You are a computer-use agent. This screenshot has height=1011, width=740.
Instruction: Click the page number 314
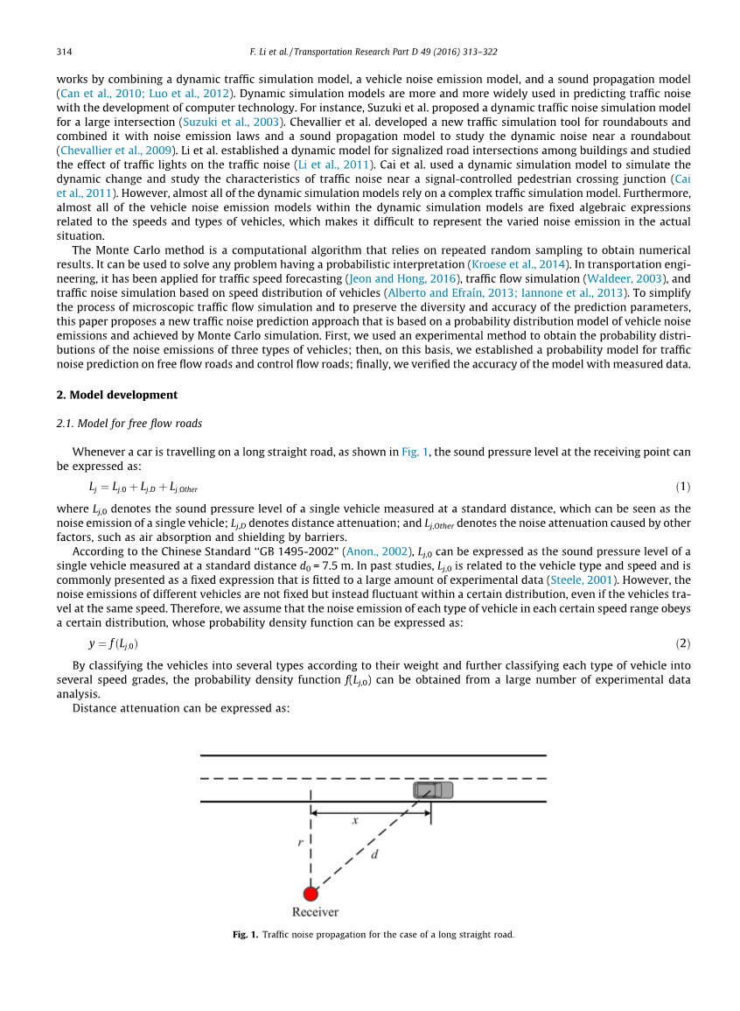tap(63, 53)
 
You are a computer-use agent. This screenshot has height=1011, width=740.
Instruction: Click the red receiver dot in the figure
tap(311, 893)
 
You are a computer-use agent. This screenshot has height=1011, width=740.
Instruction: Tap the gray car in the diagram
tap(433, 790)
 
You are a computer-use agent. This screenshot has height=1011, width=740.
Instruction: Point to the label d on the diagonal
tap(374, 854)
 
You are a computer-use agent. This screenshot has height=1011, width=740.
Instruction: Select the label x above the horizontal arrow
tap(355, 821)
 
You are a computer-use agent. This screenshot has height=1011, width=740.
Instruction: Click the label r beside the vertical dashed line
tap(300, 843)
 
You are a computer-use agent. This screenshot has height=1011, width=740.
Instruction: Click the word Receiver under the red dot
tap(315, 912)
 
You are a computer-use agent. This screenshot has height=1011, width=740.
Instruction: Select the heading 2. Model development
tap(116, 395)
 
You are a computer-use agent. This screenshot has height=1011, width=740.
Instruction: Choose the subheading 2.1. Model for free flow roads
tap(129, 424)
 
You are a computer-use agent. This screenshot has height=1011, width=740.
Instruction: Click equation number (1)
tap(682, 486)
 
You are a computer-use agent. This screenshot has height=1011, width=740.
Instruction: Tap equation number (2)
tap(682, 643)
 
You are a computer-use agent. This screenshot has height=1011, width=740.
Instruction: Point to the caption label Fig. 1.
tap(245, 935)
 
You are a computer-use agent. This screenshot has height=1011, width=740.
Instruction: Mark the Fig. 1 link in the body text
tap(415, 452)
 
